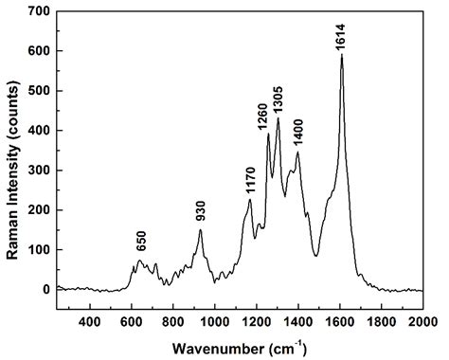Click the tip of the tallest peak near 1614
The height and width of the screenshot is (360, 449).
coord(341,55)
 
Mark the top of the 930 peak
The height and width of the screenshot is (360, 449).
coord(200,229)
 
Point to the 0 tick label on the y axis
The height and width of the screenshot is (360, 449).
coord(45,290)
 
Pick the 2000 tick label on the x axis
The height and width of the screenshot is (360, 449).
coord(422,323)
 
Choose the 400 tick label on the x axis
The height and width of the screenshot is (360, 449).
coord(90,323)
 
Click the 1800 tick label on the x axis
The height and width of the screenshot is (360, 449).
coord(381,323)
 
